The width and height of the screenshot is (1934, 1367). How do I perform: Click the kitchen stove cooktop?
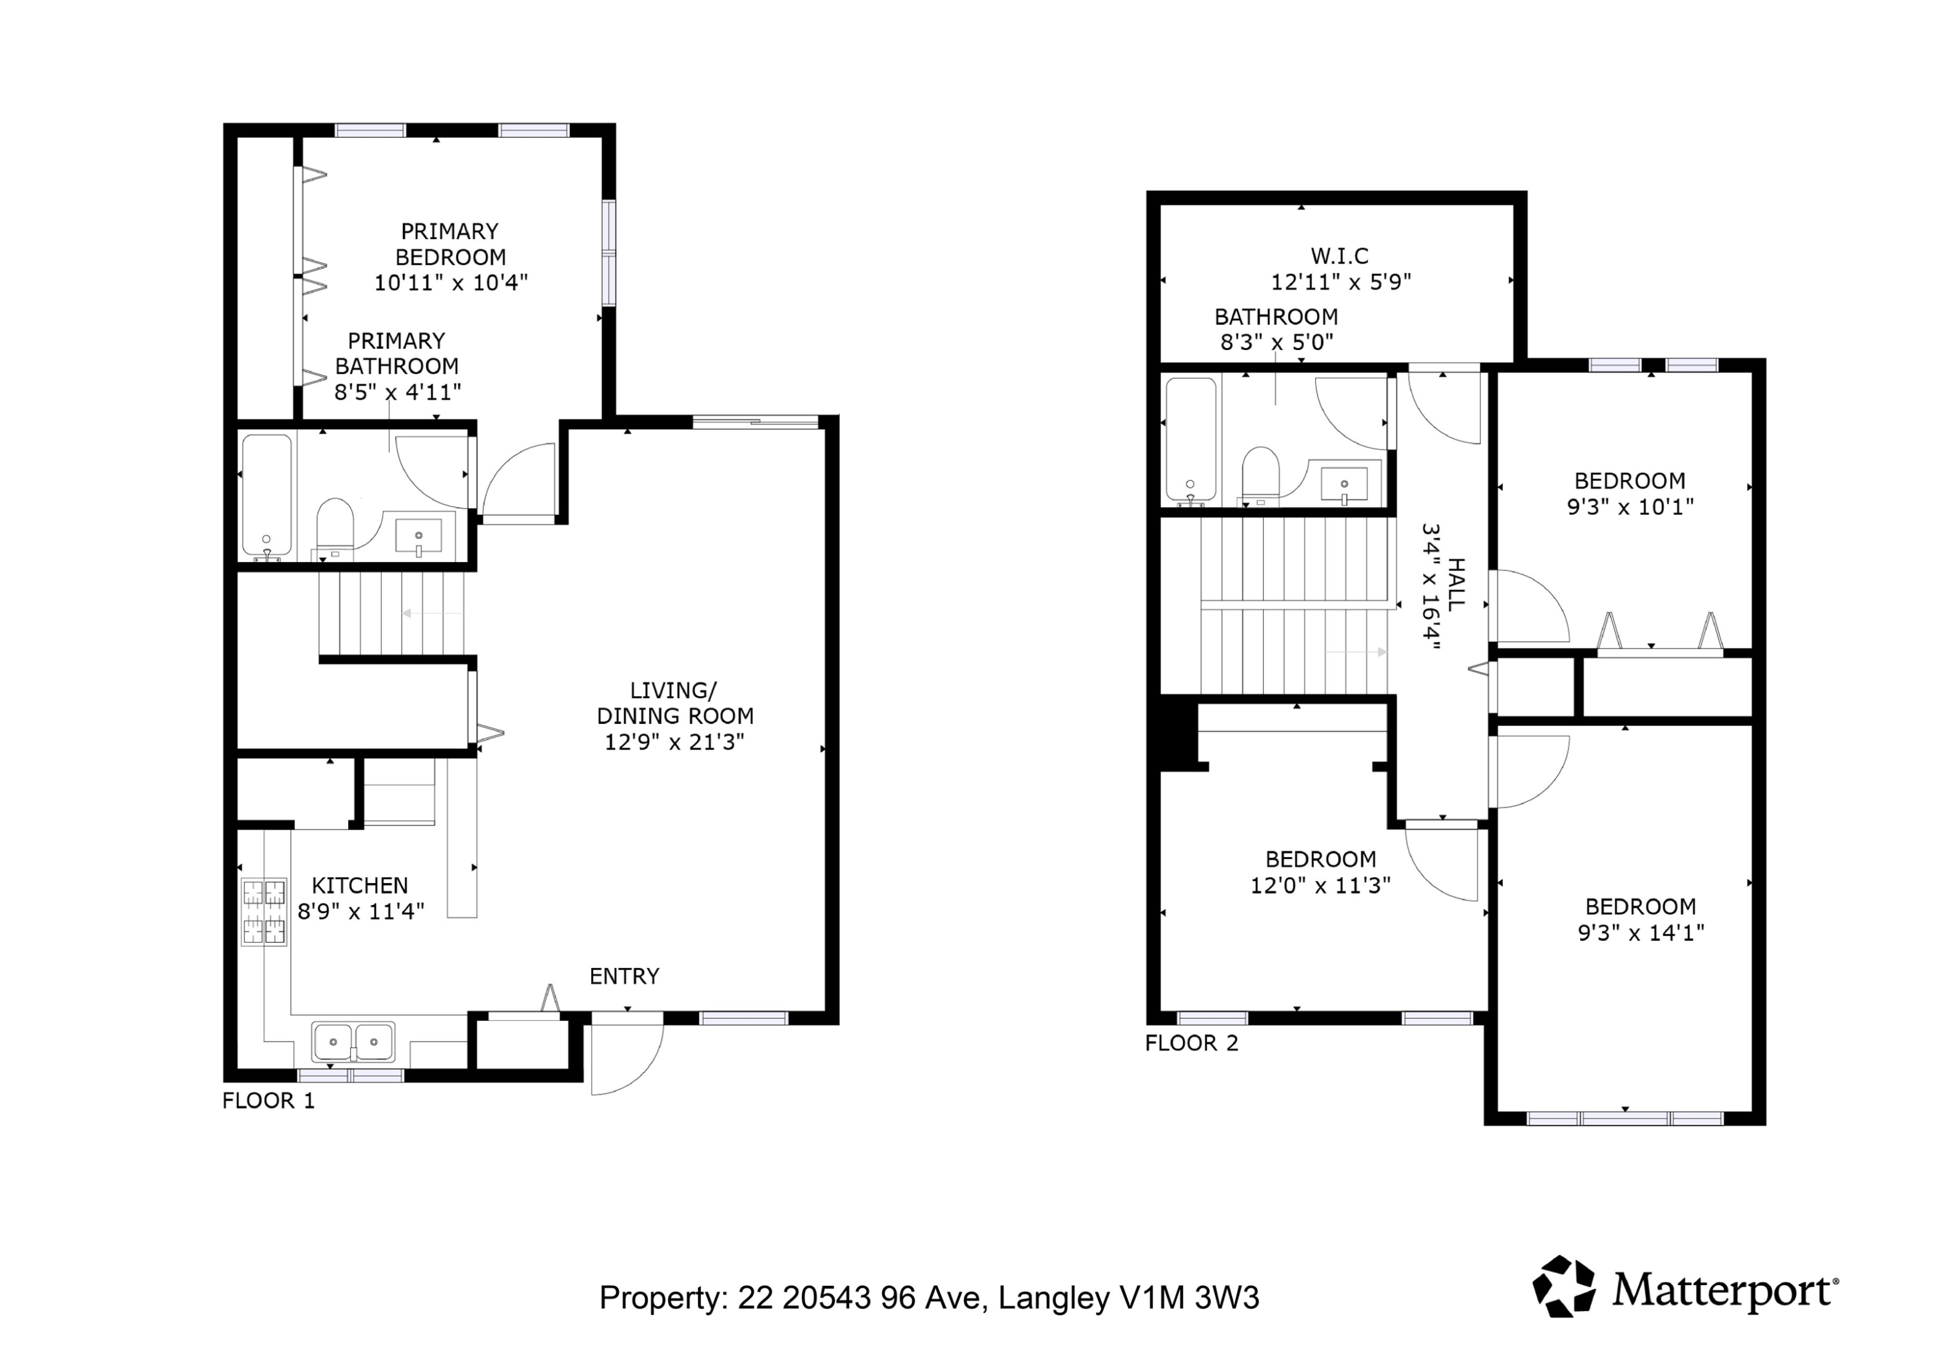[x=264, y=912]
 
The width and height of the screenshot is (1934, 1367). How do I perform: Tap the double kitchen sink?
[x=353, y=1042]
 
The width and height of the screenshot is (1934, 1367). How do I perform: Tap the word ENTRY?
[x=624, y=976]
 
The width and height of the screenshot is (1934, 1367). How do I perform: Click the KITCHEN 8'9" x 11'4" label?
[x=360, y=898]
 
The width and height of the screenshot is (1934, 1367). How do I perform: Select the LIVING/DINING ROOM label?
[x=675, y=716]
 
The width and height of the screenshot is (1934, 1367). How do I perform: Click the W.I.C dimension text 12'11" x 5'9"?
[x=1341, y=281]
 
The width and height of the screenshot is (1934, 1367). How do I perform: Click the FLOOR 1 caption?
[x=268, y=1101]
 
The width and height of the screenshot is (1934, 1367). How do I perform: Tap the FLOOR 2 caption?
[x=1192, y=1043]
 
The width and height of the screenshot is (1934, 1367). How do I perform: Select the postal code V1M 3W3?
[x=1189, y=1298]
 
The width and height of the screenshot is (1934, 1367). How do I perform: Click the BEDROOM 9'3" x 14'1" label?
[x=1641, y=920]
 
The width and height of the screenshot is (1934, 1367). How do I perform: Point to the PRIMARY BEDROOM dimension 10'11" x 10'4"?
[x=451, y=282]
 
